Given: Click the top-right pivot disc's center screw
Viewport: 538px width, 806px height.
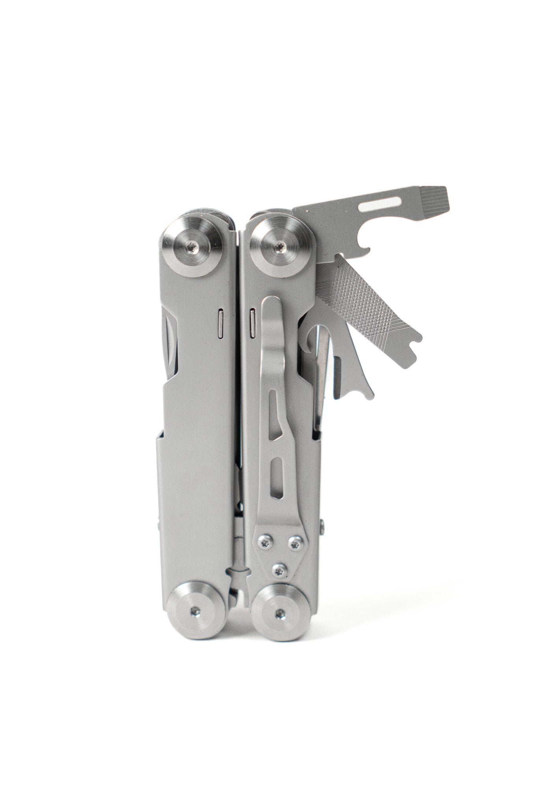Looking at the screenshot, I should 279,246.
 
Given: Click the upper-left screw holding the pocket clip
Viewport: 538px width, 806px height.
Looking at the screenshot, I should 264,542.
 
